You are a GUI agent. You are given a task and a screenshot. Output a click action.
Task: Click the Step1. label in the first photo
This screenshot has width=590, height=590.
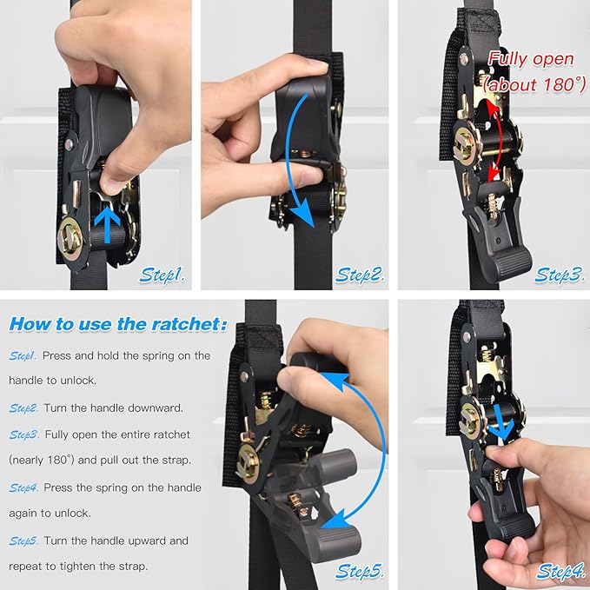162,275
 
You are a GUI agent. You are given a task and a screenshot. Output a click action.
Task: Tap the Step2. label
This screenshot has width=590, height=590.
361,275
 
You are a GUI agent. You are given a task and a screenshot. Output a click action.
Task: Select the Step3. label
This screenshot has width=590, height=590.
559,275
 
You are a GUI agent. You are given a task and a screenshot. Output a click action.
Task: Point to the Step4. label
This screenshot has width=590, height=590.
560,571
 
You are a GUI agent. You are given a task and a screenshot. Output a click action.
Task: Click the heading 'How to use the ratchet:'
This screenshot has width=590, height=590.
117,324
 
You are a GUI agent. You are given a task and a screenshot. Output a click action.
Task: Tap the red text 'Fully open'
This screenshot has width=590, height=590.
530,59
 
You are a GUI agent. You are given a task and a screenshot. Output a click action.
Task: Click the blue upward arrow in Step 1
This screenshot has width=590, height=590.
108,225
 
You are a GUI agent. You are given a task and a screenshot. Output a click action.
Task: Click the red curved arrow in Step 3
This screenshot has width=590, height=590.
498,143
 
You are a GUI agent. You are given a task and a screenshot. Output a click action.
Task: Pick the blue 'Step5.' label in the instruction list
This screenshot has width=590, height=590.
23,540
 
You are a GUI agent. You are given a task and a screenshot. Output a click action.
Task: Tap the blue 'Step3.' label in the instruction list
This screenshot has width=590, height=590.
23,434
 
